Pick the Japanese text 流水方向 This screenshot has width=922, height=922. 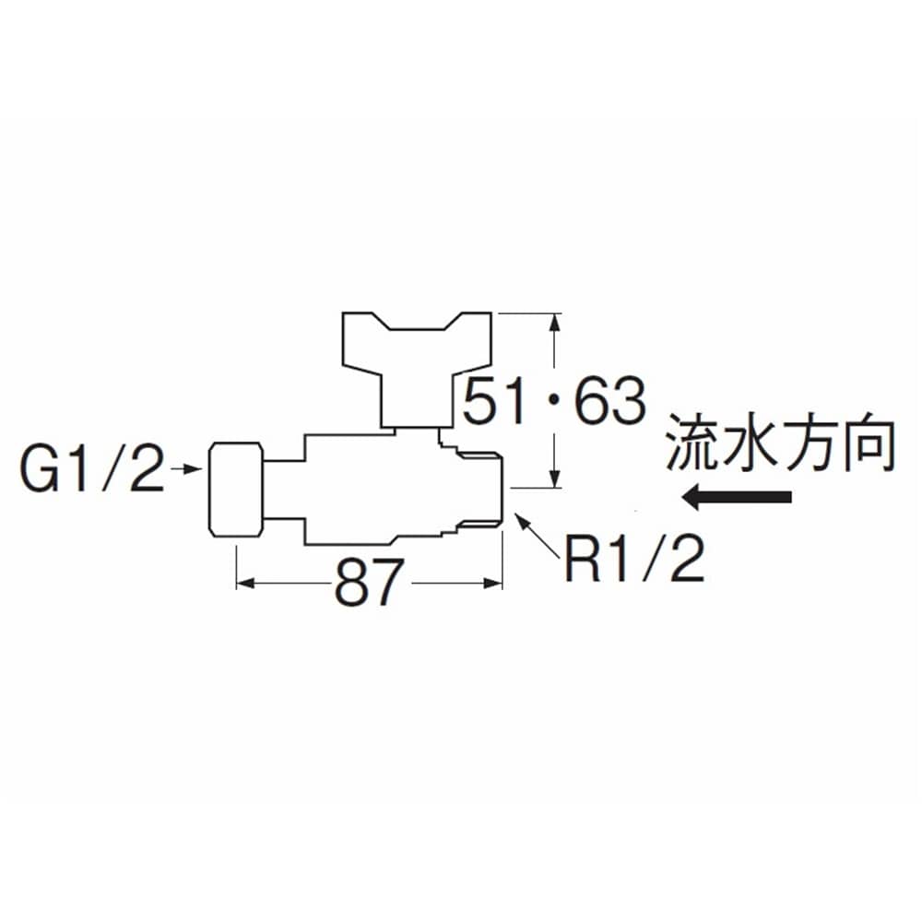tap(780, 444)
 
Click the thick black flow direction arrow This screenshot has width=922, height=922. tap(737, 498)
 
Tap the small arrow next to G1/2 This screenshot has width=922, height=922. tap(186, 468)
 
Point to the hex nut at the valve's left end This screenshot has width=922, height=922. tap(236, 490)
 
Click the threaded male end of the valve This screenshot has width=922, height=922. tap(479, 490)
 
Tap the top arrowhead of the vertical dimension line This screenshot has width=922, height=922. tap(554, 325)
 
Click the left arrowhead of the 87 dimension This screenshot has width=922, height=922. tap(246, 584)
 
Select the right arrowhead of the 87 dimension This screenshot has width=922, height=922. tap(492, 584)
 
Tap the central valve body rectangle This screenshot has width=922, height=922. tap(372, 490)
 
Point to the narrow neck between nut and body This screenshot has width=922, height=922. tap(283, 490)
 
